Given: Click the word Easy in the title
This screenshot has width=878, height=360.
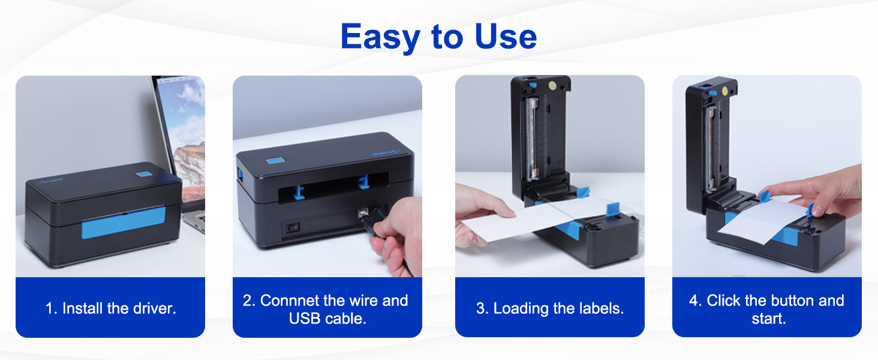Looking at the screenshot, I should click(x=380, y=37).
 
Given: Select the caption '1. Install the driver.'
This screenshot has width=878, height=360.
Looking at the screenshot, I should click(x=110, y=308).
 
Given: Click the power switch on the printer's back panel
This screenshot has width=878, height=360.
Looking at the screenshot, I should click(x=294, y=228).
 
